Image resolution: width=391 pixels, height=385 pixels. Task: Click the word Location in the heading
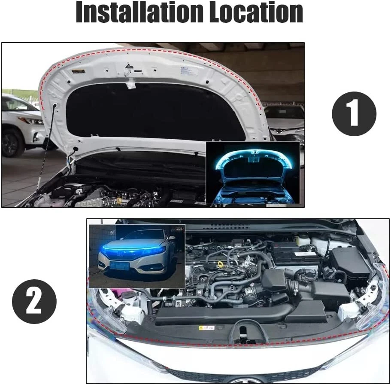(x=256, y=12)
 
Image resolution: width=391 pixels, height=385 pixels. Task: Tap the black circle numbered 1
(x=354, y=113)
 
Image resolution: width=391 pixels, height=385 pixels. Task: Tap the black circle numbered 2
(x=34, y=301)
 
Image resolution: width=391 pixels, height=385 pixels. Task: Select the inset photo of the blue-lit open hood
(x=253, y=173)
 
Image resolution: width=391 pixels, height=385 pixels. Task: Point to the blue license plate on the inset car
(x=119, y=266)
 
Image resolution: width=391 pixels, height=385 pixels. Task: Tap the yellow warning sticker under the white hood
(x=79, y=72)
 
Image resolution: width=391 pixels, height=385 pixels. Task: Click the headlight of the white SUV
(x=33, y=121)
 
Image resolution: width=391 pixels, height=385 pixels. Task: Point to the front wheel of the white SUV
(x=12, y=143)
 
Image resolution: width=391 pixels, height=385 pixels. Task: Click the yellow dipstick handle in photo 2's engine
(x=220, y=264)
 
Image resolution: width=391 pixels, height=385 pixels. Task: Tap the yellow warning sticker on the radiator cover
(x=207, y=327)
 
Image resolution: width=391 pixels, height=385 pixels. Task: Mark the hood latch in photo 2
(x=243, y=333)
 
